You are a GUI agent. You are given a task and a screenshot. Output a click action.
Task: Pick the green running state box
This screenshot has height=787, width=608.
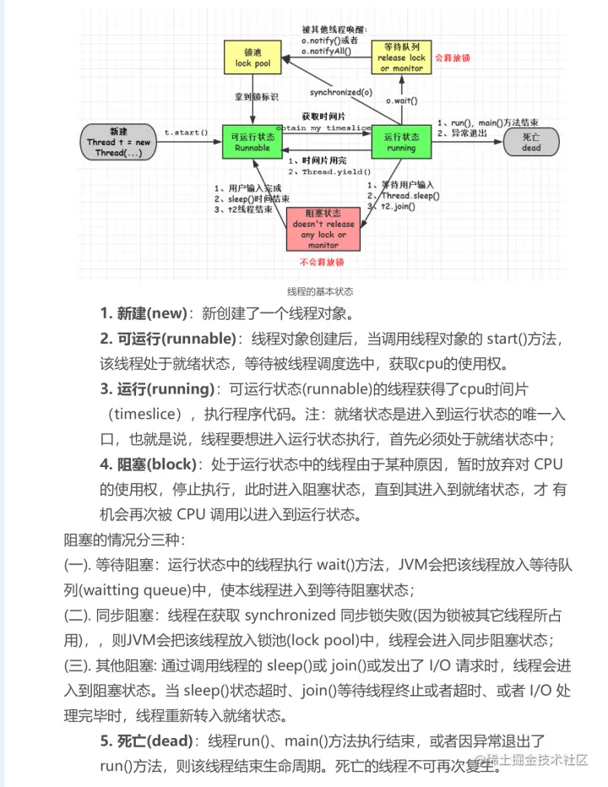[x=401, y=141]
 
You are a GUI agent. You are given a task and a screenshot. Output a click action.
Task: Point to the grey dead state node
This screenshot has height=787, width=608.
[x=531, y=141]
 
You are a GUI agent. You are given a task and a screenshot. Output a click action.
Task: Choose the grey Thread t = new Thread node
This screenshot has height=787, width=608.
[x=118, y=142]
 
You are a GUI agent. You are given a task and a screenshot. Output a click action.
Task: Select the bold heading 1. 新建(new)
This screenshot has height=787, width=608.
[x=143, y=314]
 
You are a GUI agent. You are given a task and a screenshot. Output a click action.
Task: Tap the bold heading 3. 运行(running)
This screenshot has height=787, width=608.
[x=157, y=389]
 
